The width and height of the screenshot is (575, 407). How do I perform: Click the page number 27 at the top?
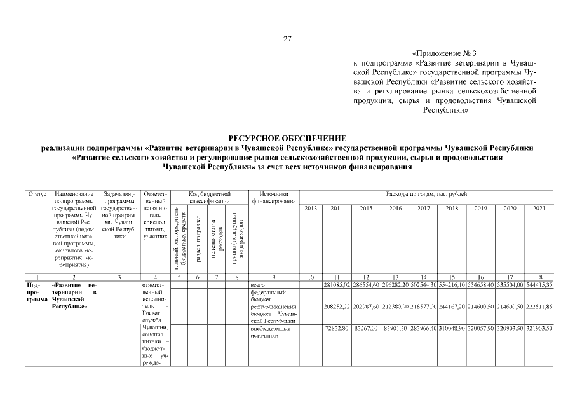tap(287, 39)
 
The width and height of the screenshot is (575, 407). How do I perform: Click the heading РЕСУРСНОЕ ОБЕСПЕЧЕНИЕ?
tap(287, 138)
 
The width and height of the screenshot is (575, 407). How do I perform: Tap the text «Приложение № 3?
tap(444, 54)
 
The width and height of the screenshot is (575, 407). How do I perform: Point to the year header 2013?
tap(311, 208)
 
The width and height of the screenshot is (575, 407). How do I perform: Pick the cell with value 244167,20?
tap(452, 307)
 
